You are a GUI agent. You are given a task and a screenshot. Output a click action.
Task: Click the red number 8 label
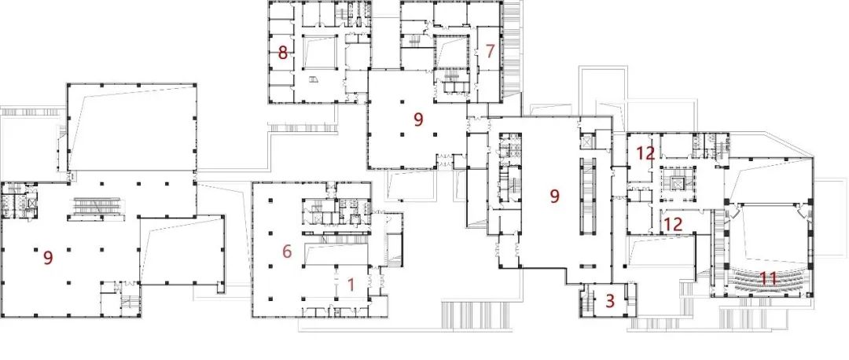(x=282, y=53)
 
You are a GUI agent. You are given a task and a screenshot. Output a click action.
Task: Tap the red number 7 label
(x=490, y=51)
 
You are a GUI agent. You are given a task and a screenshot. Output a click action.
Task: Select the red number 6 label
(x=287, y=252)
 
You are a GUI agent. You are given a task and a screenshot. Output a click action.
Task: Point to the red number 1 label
(x=351, y=285)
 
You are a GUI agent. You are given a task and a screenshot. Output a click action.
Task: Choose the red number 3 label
(x=610, y=301)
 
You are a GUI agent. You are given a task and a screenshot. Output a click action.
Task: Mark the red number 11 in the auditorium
(x=769, y=279)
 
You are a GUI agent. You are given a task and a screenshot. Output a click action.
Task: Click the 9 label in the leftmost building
(x=48, y=259)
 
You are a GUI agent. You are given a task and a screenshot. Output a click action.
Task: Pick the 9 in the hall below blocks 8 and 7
(x=418, y=119)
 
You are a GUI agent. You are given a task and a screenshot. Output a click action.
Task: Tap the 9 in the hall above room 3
(x=554, y=196)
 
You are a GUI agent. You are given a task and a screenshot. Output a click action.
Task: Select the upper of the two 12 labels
(x=646, y=154)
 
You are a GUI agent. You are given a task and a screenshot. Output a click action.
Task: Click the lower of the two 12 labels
(x=672, y=223)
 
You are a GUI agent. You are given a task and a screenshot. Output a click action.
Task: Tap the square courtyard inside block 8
(x=319, y=53)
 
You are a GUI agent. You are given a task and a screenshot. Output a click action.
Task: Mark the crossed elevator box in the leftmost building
(x=32, y=204)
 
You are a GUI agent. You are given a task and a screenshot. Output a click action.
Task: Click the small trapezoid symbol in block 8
(x=314, y=79)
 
